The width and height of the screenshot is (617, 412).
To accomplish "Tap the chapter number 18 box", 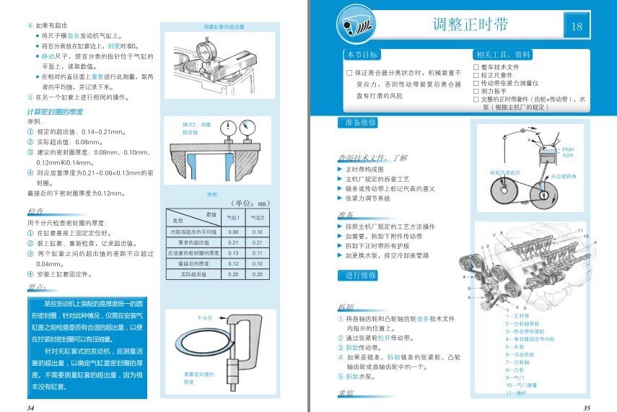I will (x=576, y=27).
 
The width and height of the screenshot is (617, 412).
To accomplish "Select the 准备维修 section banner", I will (x=358, y=123).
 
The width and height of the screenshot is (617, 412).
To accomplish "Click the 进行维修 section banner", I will (x=358, y=276).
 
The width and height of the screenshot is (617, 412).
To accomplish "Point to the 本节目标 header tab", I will (x=362, y=56).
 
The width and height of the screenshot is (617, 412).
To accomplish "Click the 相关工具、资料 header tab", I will (x=503, y=56).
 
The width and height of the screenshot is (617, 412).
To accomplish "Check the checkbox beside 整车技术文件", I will (x=476, y=67).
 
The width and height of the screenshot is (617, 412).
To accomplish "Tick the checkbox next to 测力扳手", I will (x=476, y=92).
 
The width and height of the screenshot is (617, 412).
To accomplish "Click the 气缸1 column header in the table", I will (x=233, y=218).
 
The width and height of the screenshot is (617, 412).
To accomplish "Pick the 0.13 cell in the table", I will (x=233, y=253).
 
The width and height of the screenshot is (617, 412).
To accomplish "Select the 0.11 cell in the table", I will (x=257, y=253).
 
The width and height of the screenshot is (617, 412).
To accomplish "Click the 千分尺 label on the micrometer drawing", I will (x=204, y=317).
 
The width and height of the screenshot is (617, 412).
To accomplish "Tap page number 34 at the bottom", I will (x=30, y=407).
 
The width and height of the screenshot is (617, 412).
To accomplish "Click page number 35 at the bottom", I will (x=587, y=407).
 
